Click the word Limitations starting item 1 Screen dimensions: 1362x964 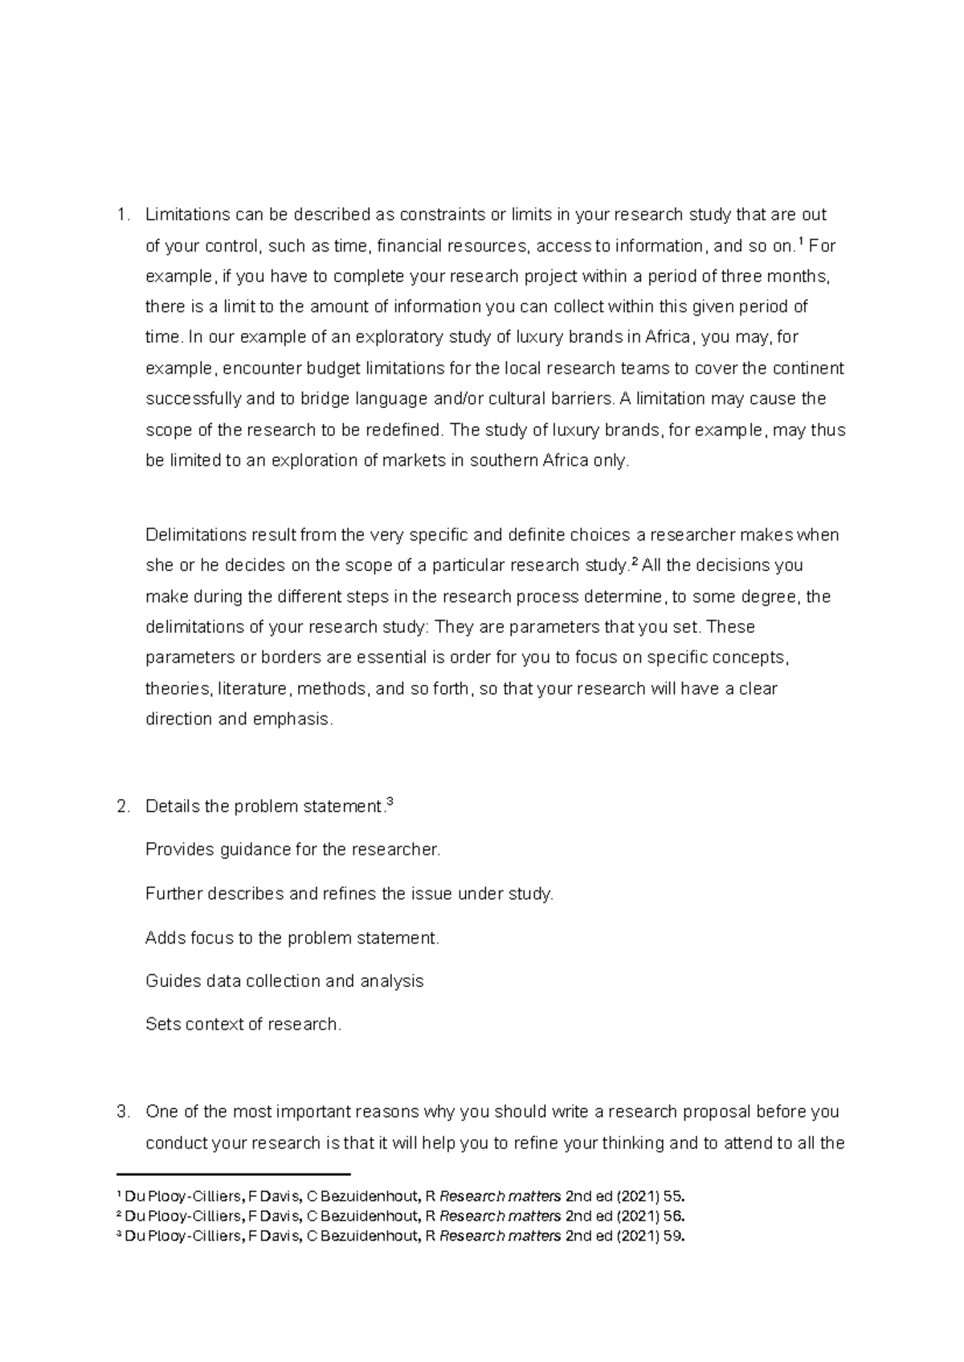click(186, 214)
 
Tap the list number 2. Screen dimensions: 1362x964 click(122, 807)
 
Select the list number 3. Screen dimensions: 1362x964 click(122, 1112)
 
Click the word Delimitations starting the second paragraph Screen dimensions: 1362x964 click(196, 535)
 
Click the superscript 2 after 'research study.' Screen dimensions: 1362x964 click(634, 561)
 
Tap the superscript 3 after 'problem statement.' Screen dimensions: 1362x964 click(390, 801)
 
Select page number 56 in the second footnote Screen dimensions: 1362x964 click(674, 1215)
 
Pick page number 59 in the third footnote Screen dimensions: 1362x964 click(674, 1236)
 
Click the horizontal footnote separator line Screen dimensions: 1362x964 click(234, 1173)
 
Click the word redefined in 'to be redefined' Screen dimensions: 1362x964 click(403, 430)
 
